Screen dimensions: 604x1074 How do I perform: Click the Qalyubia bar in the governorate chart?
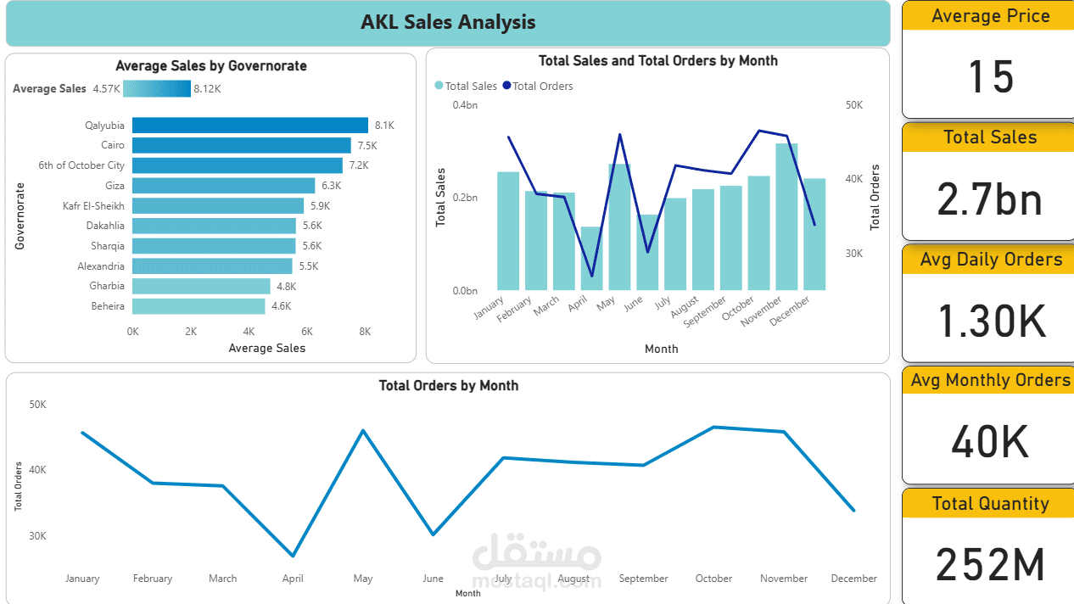[x=249, y=126]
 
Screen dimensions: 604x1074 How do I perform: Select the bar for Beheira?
[x=199, y=306]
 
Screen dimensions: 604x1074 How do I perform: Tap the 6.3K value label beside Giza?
[x=331, y=186]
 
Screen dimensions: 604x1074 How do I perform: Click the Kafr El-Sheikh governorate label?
[x=93, y=206]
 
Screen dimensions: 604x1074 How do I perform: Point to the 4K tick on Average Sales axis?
[x=249, y=332]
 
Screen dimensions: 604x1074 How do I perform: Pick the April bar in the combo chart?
[x=590, y=259]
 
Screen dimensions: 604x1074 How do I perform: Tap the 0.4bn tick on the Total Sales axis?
[x=465, y=105]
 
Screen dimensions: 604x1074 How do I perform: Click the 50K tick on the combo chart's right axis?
[x=853, y=105]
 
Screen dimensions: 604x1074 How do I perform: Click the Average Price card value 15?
[x=990, y=77]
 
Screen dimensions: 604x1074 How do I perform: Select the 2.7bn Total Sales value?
[x=990, y=199]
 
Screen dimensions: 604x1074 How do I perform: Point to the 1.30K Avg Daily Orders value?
[x=990, y=321]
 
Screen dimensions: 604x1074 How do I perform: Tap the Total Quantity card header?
[x=990, y=504]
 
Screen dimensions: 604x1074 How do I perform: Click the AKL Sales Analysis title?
[x=448, y=23]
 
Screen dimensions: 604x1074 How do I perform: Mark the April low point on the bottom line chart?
[x=293, y=556]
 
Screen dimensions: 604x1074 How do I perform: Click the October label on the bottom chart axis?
[x=713, y=579]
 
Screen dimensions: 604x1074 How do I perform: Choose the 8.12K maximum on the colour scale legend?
[x=207, y=89]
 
